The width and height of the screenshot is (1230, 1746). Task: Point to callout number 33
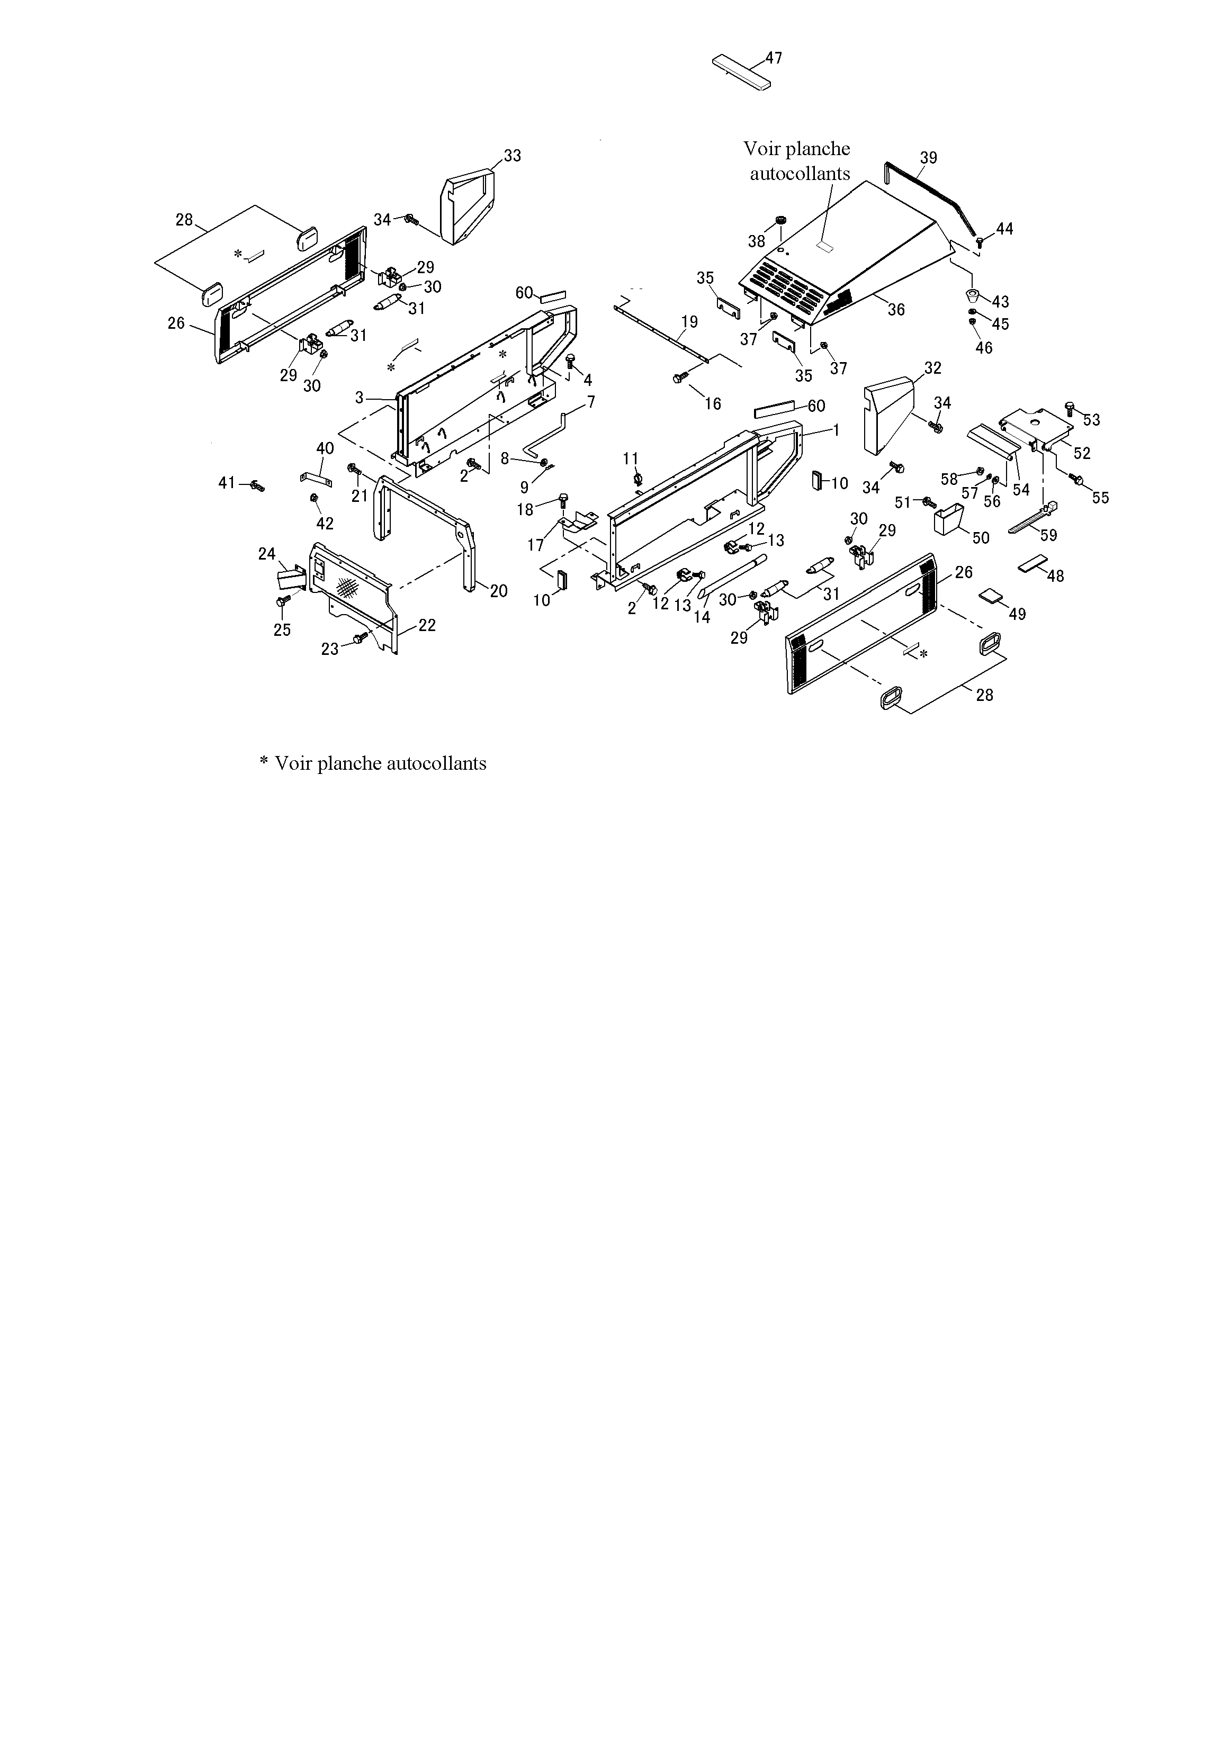[x=513, y=156]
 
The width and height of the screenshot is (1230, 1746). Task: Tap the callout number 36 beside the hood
[x=896, y=310]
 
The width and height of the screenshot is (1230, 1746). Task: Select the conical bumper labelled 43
[x=972, y=295]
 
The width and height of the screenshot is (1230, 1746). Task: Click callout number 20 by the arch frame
[x=498, y=591]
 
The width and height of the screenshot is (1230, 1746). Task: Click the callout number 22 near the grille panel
[x=427, y=625]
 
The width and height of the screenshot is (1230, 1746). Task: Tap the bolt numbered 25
[x=282, y=602]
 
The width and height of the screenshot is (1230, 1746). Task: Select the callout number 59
[x=1048, y=535]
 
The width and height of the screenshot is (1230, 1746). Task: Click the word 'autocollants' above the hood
[x=800, y=174]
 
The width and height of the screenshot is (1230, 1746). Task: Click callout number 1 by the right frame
[x=836, y=430]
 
